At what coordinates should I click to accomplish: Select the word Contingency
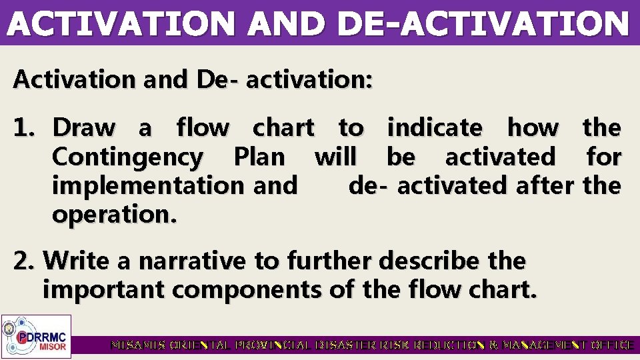[x=127, y=157]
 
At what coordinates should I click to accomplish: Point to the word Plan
[x=259, y=157]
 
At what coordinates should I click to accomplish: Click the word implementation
[x=148, y=185]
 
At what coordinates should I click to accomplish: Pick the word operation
[x=114, y=215]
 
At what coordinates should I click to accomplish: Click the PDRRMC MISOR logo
[x=36, y=335]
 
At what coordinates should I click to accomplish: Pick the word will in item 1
[x=335, y=157]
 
